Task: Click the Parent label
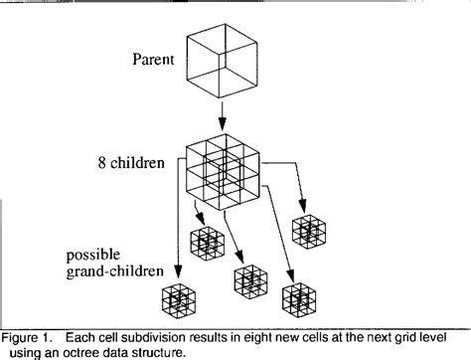pyautogui.click(x=153, y=60)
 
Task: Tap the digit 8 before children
pyautogui.click(x=101, y=163)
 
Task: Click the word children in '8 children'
pyautogui.click(x=137, y=163)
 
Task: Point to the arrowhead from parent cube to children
pyautogui.click(x=223, y=125)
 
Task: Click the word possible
pyautogui.click(x=93, y=256)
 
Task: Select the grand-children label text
pyautogui.click(x=115, y=271)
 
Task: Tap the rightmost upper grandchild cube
pyautogui.click(x=309, y=232)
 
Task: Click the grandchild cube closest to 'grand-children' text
pyautogui.click(x=179, y=300)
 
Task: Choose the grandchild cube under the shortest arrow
pyautogui.click(x=208, y=244)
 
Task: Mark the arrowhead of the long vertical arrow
pyautogui.click(x=178, y=271)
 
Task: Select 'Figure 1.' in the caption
pyautogui.click(x=27, y=338)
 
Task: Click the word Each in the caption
pyautogui.click(x=78, y=338)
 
